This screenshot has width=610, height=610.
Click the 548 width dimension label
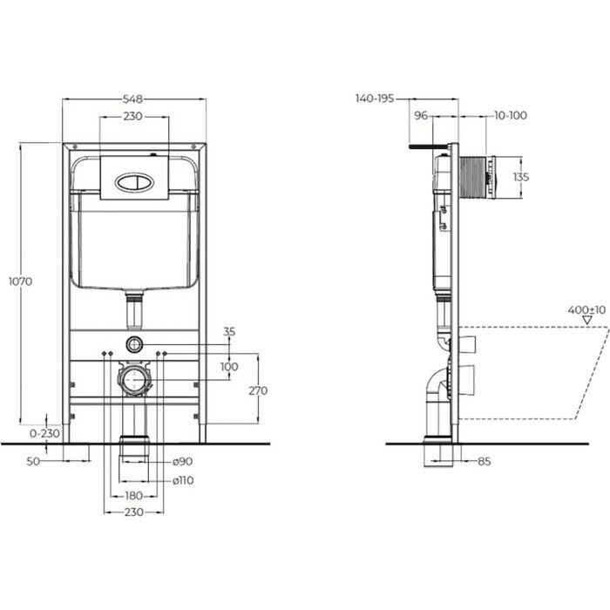132,99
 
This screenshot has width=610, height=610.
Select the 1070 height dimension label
21,281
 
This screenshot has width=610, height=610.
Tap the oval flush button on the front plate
134,182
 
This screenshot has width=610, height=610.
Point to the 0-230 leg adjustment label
44,433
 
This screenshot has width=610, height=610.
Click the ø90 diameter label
182,461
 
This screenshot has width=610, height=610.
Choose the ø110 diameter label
183,480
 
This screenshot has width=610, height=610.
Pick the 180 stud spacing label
133,496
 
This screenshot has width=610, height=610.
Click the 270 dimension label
258,390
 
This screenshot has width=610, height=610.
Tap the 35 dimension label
229,331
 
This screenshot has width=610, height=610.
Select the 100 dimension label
229,366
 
